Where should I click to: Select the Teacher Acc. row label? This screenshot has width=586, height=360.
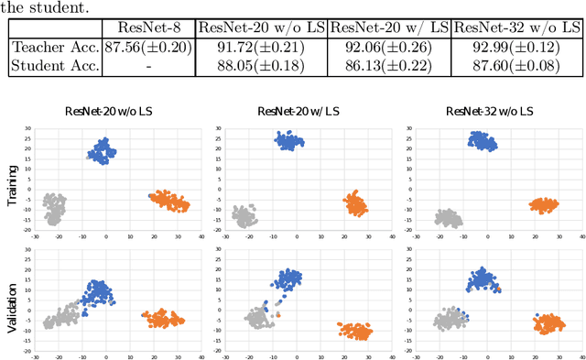(54, 46)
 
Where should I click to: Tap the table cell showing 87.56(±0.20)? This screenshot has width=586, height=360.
(147, 46)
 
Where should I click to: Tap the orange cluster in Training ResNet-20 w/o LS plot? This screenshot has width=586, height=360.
(170, 201)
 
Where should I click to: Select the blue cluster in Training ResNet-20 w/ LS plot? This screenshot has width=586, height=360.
(293, 141)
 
